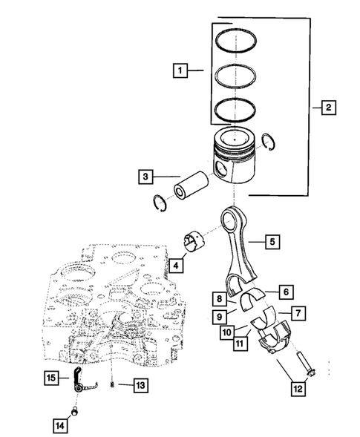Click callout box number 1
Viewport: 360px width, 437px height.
(178, 71)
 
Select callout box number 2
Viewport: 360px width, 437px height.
(327, 108)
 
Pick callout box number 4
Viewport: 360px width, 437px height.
(176, 264)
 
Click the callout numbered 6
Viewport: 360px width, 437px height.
(284, 292)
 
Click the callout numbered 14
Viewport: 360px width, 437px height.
(59, 425)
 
